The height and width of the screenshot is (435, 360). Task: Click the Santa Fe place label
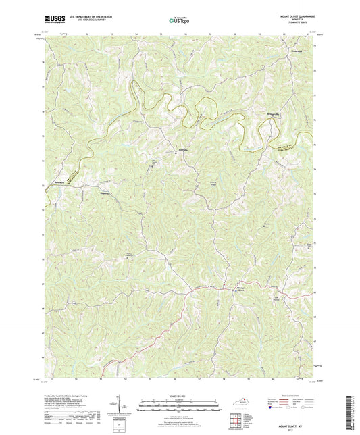click(58, 182)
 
